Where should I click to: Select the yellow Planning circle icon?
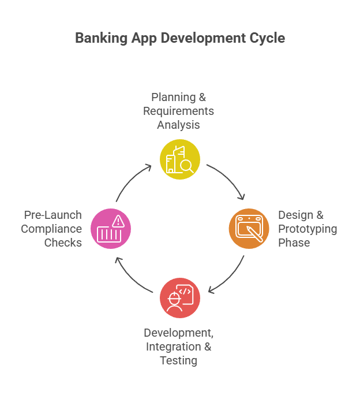[180, 159]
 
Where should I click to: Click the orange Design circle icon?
[249, 229]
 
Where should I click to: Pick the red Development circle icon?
[180, 298]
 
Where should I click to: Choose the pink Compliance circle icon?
[111, 229]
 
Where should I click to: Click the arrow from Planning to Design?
[226, 180]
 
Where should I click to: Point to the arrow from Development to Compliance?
[133, 278]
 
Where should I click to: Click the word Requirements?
[179, 110]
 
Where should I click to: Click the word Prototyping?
[307, 229]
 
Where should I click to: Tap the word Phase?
[294, 243]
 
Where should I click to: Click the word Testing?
[179, 361]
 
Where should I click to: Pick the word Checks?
[63, 243]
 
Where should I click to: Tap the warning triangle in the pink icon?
[119, 220]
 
